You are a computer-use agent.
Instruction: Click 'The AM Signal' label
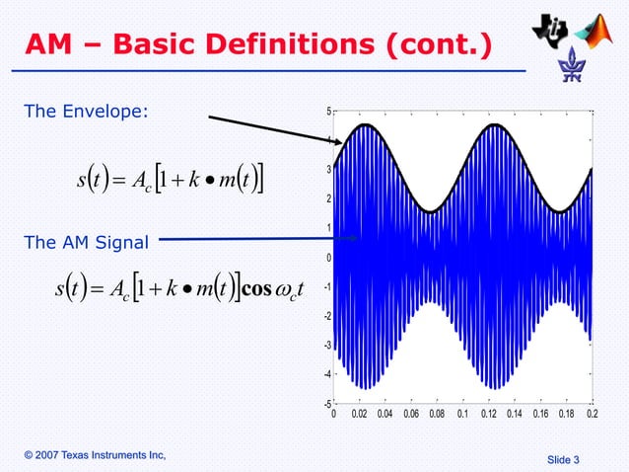click(x=87, y=242)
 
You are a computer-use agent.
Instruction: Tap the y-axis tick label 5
click(x=328, y=112)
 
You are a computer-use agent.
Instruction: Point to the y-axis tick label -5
click(x=326, y=404)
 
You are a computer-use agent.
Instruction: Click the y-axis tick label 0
click(x=328, y=258)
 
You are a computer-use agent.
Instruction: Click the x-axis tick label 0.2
click(x=592, y=416)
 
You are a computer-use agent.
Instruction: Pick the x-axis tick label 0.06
click(x=410, y=416)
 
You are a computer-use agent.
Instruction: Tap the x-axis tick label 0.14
click(x=514, y=416)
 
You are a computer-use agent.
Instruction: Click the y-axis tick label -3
click(x=326, y=346)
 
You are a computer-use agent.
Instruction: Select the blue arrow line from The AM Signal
click(x=256, y=238)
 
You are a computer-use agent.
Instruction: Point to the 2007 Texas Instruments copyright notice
click(x=95, y=453)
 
